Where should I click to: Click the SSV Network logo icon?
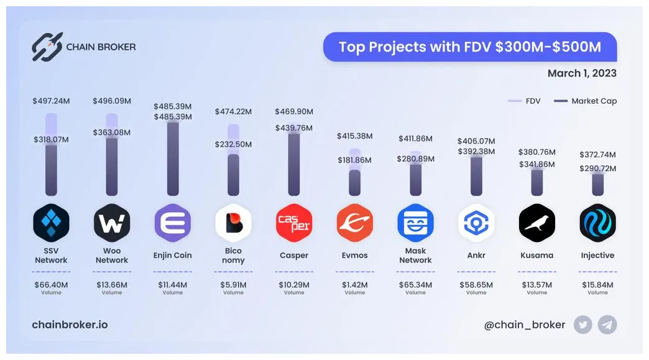(51, 223)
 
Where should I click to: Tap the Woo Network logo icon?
(112, 223)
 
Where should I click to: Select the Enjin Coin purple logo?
(172, 223)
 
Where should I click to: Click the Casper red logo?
(294, 223)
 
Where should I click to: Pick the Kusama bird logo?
(537, 223)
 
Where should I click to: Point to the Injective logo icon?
(597, 223)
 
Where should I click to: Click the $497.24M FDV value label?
(51, 101)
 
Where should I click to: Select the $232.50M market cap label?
(233, 144)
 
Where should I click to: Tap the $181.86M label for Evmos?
(354, 160)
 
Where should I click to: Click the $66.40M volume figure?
(51, 285)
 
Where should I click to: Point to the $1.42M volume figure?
(354, 285)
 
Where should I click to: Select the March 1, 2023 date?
(582, 73)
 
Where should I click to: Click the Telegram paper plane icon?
(607, 325)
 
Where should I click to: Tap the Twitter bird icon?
(583, 325)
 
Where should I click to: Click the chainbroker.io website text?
(70, 325)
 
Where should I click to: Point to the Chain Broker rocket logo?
(47, 47)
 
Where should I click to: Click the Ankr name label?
(476, 255)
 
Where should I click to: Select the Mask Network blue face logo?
(415, 223)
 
